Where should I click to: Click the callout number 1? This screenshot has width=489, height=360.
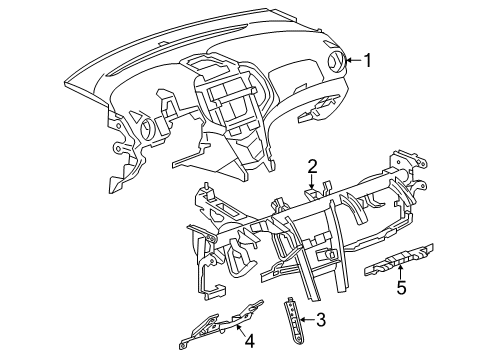(368, 62)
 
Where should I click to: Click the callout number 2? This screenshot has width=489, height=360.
(313, 166)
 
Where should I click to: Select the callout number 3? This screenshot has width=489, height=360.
(321, 321)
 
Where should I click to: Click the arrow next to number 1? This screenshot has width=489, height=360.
(352, 62)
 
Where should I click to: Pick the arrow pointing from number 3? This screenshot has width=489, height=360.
(306, 321)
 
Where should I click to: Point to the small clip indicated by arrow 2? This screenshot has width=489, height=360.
(312, 192)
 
